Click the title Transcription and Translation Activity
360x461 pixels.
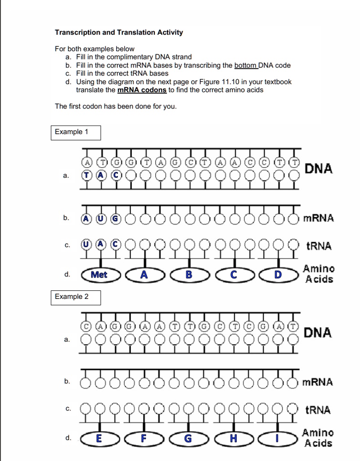(119, 32)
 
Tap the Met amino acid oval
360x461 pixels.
(99, 275)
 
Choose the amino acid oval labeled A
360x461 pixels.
(144, 275)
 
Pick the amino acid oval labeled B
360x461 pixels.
(189, 275)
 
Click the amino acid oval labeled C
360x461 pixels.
(234, 275)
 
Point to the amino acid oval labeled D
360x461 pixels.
(278, 275)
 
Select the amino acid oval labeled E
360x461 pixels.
(99, 438)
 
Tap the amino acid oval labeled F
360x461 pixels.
(144, 438)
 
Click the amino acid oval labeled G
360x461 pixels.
(189, 438)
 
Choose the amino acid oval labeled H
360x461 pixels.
(234, 438)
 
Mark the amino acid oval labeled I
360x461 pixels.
(278, 438)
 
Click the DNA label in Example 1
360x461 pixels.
(319, 169)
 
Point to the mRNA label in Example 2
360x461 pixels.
(318, 382)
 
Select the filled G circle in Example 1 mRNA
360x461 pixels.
(116, 218)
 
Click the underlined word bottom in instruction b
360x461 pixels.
(246, 65)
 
